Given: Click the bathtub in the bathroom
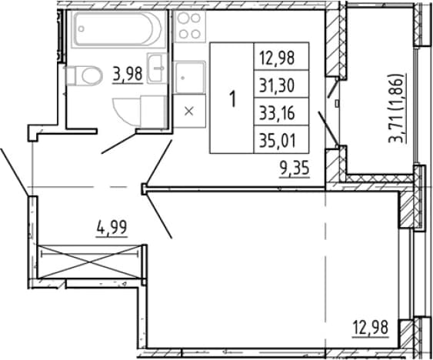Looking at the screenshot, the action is coord(118,28).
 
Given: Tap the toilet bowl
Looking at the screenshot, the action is coord(84,75).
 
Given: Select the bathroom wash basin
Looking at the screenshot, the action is coord(157,68).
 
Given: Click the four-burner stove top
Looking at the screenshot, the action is coord(189,26).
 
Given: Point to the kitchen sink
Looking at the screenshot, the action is coord(189,78).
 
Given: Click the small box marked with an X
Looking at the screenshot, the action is coord(189,112).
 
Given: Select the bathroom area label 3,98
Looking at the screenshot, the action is coord(128,74).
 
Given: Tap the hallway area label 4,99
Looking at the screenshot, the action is coord(112,228).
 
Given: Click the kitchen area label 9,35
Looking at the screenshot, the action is coord(294,168).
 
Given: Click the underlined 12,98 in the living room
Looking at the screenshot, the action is coord(371,328).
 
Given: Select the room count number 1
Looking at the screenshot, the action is coord(233,99).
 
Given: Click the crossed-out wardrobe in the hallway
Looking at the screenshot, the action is coord(89,262).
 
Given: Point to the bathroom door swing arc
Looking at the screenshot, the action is coord(122,117).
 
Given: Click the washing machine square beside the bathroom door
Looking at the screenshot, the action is coord(153,112).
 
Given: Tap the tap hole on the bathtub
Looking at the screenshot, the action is coord(82,28).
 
